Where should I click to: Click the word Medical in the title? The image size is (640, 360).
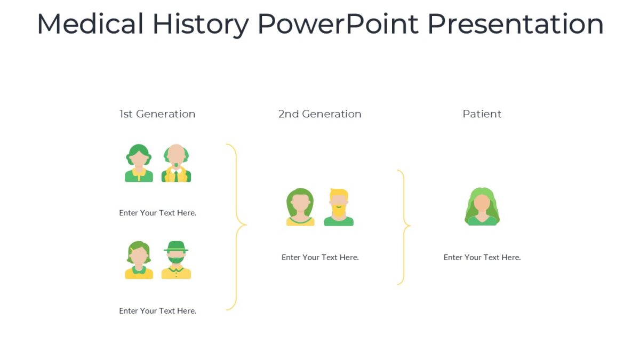pyautogui.click(x=90, y=24)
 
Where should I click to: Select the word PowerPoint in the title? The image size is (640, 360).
pyautogui.click(x=338, y=24)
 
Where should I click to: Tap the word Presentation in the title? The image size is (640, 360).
pyautogui.click(x=515, y=24)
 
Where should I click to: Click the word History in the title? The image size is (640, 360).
pyautogui.click(x=201, y=24)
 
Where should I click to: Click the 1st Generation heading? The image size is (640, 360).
pyautogui.click(x=157, y=114)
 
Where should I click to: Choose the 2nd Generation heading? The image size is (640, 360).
pyautogui.click(x=319, y=114)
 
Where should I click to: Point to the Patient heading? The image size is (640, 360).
pyautogui.click(x=482, y=114)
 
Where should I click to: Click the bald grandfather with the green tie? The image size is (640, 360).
pyautogui.click(x=176, y=163)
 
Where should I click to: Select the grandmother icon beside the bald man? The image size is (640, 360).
pyautogui.click(x=139, y=163)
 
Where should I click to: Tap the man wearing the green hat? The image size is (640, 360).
pyautogui.click(x=176, y=260)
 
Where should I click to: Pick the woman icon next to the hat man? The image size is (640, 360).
pyautogui.click(x=139, y=260)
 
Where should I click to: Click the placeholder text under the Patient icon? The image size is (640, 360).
pyautogui.click(x=482, y=257)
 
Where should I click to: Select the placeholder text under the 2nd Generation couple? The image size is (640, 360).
pyautogui.click(x=320, y=257)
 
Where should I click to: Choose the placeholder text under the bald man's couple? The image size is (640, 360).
pyautogui.click(x=157, y=213)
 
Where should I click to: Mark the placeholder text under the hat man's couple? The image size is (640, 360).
pyautogui.click(x=157, y=311)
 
